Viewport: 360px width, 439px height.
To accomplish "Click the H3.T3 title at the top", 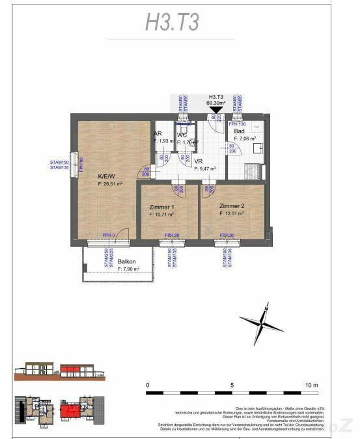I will (172, 21).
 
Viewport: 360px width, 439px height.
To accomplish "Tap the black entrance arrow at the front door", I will (215, 111).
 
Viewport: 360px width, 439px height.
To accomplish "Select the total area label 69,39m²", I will (215, 102).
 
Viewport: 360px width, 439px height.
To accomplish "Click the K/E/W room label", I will (105, 176).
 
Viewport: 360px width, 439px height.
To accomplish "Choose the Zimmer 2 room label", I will (232, 206).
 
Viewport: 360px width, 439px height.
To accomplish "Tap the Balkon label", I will (126, 262).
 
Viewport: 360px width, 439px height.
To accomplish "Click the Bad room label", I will (240, 131).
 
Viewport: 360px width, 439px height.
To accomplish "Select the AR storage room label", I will (158, 133).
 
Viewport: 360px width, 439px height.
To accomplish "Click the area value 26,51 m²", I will (111, 184).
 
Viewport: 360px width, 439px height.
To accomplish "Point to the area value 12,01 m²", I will (232, 213).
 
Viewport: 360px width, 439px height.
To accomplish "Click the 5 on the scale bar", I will (232, 386).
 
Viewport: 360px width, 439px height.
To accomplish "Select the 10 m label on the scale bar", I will (312, 386).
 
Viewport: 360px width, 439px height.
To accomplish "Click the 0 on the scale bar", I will (148, 386).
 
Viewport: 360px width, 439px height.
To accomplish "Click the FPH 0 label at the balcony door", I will (108, 235).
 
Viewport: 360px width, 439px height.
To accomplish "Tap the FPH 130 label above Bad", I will (238, 123).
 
